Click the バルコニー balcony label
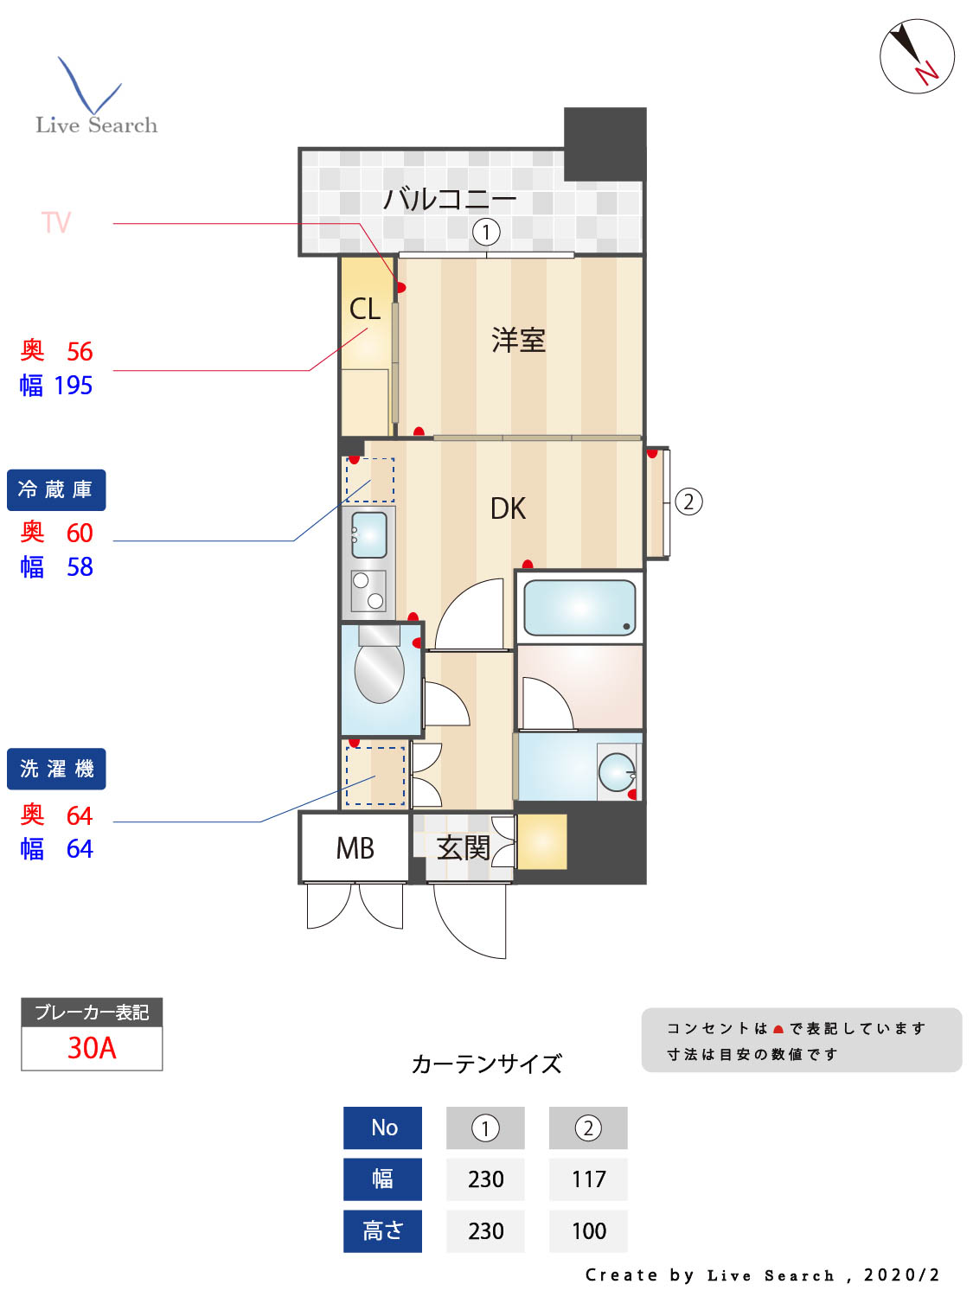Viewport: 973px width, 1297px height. (449, 200)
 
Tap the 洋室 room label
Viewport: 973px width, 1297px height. (518, 340)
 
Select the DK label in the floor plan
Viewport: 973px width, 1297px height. (508, 508)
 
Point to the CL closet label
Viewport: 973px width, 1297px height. (364, 309)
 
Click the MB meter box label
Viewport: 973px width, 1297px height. (355, 848)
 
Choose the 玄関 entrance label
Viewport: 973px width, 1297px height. (463, 847)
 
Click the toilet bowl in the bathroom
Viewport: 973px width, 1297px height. (380, 671)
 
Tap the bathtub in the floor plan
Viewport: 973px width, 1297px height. (579, 607)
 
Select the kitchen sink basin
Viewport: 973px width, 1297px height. (369, 534)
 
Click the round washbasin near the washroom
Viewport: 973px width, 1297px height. (618, 771)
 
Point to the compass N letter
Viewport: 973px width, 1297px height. (927, 73)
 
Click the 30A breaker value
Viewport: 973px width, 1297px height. (92, 1048)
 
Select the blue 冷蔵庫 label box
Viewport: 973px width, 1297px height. (56, 490)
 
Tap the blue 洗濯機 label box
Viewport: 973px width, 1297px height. (56, 769)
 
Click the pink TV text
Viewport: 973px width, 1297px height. (56, 223)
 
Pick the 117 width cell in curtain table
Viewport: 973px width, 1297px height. (588, 1179)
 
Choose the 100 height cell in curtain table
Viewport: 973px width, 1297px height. (588, 1231)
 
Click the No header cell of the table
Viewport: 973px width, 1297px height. (382, 1128)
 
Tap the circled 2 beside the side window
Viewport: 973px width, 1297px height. (688, 502)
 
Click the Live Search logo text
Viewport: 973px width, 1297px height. (97, 125)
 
